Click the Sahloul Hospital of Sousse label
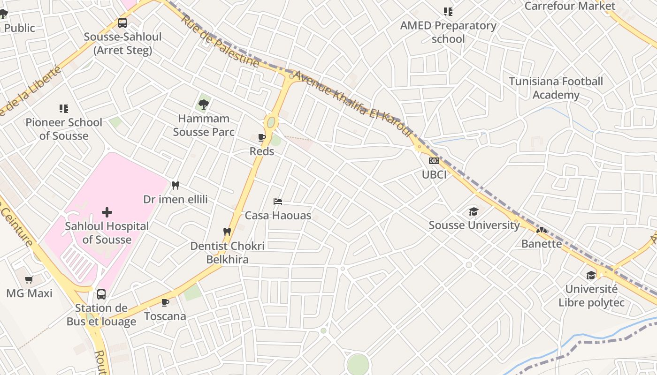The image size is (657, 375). (x=107, y=233)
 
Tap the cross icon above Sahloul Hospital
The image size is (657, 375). (x=107, y=212)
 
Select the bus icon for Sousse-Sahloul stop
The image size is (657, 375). (x=122, y=22)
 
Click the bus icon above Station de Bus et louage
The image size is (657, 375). (x=101, y=294)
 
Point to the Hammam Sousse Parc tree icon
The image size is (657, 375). (x=204, y=105)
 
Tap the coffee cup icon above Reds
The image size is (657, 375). (x=262, y=137)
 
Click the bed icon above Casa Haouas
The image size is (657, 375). (x=278, y=202)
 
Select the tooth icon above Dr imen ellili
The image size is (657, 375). (x=176, y=185)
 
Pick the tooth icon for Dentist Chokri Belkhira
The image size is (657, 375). (x=227, y=232)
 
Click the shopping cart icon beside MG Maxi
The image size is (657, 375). (x=29, y=280)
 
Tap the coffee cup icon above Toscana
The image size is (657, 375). (x=165, y=302)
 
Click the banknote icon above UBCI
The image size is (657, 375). (x=434, y=161)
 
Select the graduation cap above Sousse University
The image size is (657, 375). (x=474, y=211)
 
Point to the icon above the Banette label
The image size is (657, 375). (x=542, y=230)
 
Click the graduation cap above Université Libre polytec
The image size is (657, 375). (x=591, y=275)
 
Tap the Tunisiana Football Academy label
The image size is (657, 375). (x=556, y=88)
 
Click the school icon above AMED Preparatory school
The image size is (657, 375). (x=448, y=12)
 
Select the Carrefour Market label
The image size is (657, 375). (x=569, y=6)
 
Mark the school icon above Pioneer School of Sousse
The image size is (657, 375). (x=64, y=109)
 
